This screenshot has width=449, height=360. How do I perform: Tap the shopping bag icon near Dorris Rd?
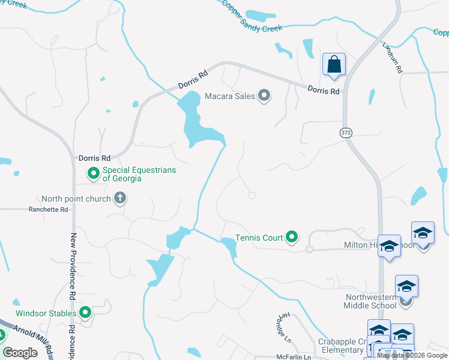(334, 64)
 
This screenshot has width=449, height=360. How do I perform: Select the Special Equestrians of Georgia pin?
(94, 174)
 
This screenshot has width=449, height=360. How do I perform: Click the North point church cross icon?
(119, 198)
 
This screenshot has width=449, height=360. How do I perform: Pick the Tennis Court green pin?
(292, 238)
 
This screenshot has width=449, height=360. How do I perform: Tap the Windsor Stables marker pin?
(85, 313)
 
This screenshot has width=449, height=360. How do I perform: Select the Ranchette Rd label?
(49, 210)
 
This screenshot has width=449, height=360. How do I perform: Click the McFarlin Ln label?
(291, 357)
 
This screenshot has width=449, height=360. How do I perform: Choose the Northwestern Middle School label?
(370, 301)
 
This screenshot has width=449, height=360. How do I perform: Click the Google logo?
(20, 353)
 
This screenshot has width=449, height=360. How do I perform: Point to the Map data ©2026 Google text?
(411, 355)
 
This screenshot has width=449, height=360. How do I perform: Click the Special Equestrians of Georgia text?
(139, 174)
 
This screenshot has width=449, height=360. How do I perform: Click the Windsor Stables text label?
(46, 313)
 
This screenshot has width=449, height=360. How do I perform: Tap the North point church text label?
(76, 199)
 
